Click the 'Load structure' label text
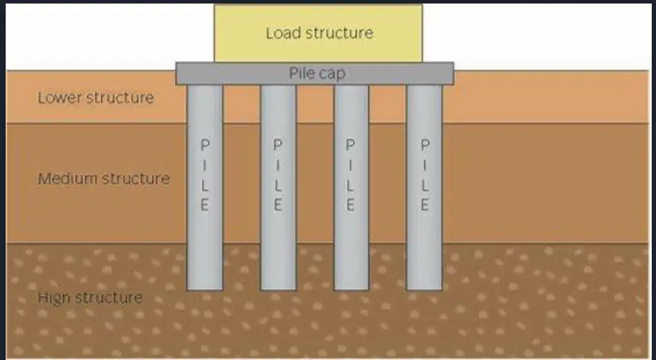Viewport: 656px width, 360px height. [319, 33]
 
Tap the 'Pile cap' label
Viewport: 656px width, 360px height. [317, 73]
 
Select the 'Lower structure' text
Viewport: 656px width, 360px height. [96, 98]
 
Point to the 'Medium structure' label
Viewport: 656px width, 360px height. [103, 179]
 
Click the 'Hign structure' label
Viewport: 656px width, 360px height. [90, 298]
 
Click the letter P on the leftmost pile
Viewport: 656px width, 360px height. [205, 145]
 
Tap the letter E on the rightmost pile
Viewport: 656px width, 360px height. [424, 205]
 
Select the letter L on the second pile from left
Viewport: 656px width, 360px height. [278, 185]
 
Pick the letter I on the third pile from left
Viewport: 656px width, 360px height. [351, 165]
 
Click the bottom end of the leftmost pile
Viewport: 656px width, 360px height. [205, 289]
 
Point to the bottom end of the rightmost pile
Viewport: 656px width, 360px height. [424, 289]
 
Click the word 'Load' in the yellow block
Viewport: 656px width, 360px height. [284, 33]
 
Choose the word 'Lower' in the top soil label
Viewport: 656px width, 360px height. [61, 98]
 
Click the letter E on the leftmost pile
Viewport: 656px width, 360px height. [205, 205]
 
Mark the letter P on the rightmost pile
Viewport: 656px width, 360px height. [425, 145]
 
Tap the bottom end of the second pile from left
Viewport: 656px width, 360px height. [278, 289]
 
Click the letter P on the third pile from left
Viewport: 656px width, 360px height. [351, 145]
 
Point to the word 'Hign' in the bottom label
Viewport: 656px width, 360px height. [54, 298]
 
